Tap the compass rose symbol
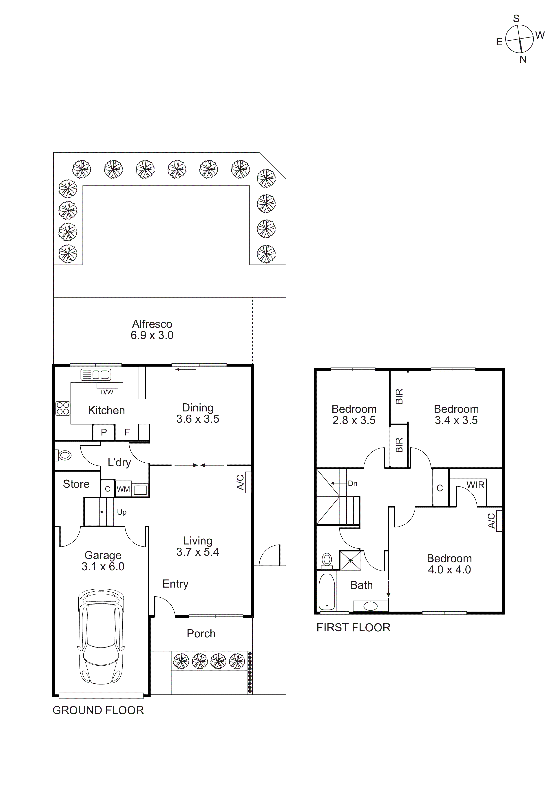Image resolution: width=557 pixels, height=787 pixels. [x=519, y=39]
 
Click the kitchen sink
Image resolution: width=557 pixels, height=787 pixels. [x=96, y=375]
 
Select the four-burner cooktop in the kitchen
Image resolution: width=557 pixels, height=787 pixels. [x=63, y=409]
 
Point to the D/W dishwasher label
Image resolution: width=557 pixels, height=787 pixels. [x=106, y=392]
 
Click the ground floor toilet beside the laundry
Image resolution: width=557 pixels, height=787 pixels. [x=64, y=455]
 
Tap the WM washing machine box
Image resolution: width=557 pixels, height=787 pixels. [x=123, y=489]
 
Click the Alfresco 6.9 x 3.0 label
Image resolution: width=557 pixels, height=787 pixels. [x=152, y=329]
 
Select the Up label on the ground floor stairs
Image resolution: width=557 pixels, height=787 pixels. [x=122, y=512]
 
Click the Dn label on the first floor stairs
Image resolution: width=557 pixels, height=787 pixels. [x=352, y=483]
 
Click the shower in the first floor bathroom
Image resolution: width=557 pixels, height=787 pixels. [x=350, y=560]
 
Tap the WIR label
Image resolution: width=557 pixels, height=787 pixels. [x=475, y=485]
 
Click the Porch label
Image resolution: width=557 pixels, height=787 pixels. [x=201, y=634]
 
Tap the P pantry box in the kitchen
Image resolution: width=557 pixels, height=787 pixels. [x=104, y=432]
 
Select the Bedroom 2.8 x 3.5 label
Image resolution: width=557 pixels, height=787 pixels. [x=354, y=414]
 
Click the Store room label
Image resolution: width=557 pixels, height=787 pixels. [x=76, y=484]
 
